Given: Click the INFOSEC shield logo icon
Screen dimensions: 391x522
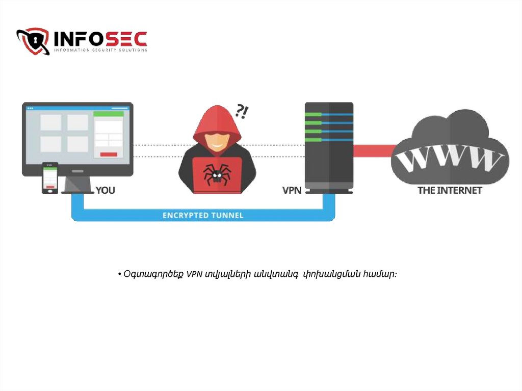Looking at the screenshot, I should pos(33,41).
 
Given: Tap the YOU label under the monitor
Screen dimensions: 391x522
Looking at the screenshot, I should pos(106,190).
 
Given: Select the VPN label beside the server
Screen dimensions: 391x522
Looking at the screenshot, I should pos(292,190).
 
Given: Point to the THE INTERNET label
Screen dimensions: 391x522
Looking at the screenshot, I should pos(450,190).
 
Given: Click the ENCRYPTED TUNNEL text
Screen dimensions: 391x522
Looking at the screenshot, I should pos(203,215).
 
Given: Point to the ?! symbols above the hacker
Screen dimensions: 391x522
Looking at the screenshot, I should pos(241,111).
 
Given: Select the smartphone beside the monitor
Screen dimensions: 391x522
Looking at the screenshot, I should pos(50,178).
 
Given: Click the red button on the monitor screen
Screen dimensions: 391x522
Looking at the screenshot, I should pos(109,154).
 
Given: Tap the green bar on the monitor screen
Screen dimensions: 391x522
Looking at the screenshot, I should pos(109,114).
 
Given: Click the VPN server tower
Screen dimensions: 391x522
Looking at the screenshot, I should pos(329,148).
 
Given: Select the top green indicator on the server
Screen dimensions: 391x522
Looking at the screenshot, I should pos(314,115).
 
